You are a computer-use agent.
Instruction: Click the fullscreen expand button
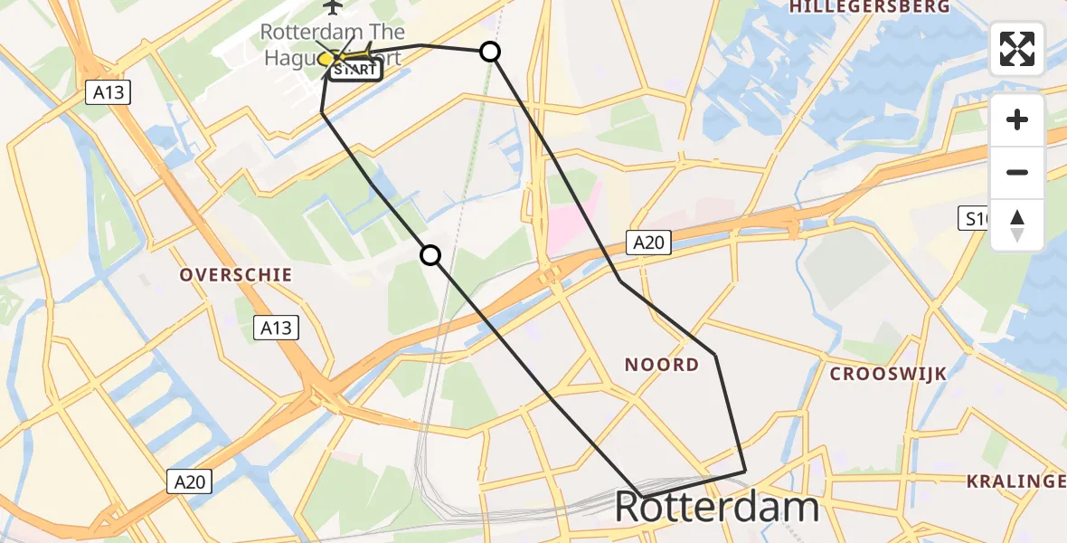point(1017,49)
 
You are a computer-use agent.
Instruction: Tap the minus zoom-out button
point(1017,172)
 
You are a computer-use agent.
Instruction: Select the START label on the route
point(354,70)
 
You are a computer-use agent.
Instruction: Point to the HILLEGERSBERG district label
point(870,7)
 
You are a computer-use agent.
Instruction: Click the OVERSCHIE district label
point(235,274)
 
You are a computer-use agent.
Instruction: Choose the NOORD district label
point(662,364)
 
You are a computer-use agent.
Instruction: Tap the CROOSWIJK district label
point(888,374)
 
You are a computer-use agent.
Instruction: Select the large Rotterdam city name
point(716,508)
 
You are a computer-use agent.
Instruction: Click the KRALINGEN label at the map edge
point(1016,481)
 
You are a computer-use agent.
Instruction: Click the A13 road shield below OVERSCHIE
point(276,327)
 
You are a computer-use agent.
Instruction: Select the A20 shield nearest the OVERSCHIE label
point(190,481)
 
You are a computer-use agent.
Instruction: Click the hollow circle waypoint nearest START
point(489,52)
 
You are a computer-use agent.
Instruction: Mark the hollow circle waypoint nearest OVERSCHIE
point(430,256)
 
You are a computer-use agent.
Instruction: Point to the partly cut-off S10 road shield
point(974,218)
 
